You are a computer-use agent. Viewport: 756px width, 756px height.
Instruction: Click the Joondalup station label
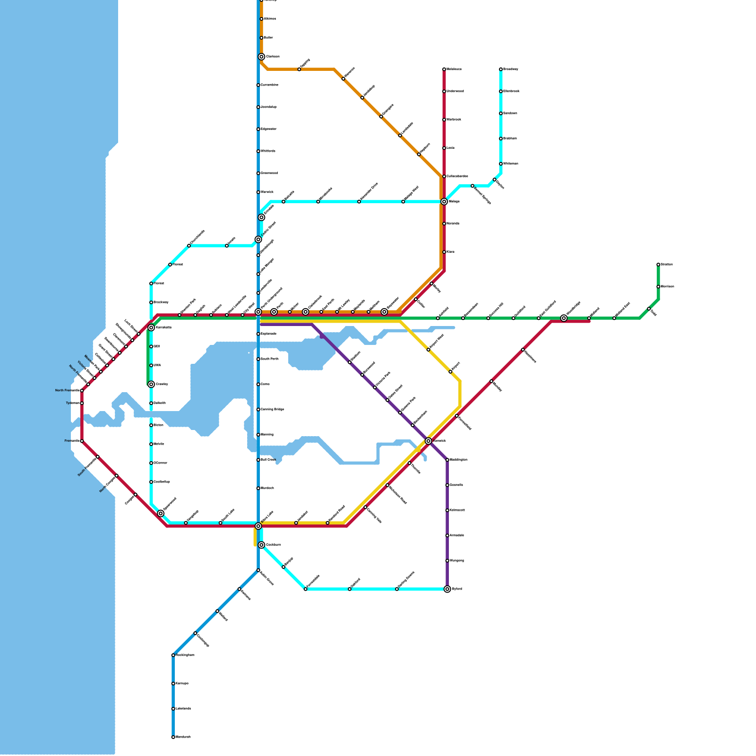click(268, 107)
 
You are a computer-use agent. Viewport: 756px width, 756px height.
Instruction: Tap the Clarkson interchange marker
click(261, 57)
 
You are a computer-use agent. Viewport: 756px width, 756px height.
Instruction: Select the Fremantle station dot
click(82, 441)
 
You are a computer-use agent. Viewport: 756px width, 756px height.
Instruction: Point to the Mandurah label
click(183, 737)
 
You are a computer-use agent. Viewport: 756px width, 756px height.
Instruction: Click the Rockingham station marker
click(173, 655)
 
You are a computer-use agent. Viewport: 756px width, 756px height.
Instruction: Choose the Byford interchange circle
click(447, 589)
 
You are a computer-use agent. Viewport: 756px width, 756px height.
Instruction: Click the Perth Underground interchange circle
click(258, 312)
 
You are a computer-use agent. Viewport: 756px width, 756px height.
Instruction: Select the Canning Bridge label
click(272, 410)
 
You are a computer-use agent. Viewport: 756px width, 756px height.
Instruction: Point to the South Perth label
click(269, 359)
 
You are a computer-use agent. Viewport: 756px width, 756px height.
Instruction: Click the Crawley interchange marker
click(151, 384)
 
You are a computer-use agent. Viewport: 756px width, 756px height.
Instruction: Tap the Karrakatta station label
click(163, 327)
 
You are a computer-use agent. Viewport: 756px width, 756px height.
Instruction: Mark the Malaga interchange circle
click(444, 202)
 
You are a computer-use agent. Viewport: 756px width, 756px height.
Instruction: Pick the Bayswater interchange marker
click(384, 312)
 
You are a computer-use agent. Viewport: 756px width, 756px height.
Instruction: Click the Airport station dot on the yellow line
click(450, 372)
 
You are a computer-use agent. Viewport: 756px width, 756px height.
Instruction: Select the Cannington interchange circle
click(429, 441)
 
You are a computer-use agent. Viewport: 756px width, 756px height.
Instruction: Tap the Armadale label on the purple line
click(457, 535)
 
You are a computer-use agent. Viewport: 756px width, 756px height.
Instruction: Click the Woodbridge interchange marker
click(564, 318)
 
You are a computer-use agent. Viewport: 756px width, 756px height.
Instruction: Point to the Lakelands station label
click(183, 709)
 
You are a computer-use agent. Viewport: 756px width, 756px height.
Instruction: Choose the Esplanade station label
click(268, 334)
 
